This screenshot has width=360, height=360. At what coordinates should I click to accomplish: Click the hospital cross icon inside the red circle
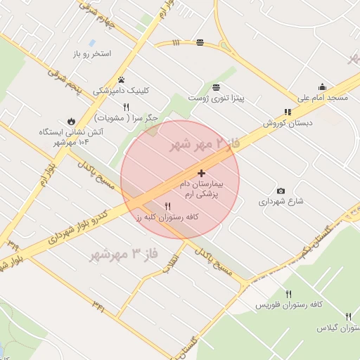tap(202, 173)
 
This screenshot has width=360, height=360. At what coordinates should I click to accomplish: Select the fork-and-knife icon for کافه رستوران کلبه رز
tap(167, 206)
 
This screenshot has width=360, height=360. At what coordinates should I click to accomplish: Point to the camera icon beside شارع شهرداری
tap(281, 191)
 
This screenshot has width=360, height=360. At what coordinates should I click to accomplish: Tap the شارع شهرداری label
tap(281, 201)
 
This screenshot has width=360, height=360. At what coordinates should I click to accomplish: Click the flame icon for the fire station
tap(70, 121)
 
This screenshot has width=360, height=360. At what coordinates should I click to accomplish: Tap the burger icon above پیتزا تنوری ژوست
tap(216, 87)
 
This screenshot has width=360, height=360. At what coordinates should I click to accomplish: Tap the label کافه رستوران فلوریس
tap(288, 304)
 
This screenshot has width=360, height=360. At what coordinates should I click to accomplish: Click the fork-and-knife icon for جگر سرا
tap(127, 107)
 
